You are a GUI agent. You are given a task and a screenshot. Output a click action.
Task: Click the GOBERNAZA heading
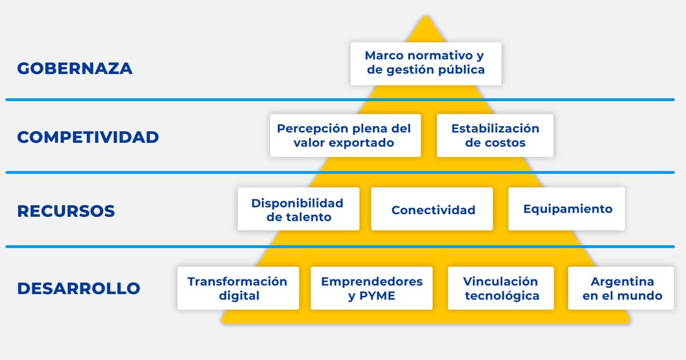pyautogui.click(x=75, y=68)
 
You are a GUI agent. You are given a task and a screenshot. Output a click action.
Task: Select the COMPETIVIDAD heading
pyautogui.click(x=88, y=137)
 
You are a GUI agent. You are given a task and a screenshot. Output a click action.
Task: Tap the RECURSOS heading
pyautogui.click(x=66, y=211)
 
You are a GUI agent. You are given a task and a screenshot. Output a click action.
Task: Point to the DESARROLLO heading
pyautogui.click(x=79, y=288)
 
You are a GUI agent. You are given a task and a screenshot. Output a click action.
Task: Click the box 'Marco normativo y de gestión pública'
pyautogui.click(x=426, y=63)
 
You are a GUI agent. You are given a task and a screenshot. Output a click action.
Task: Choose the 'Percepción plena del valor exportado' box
pyautogui.click(x=345, y=135)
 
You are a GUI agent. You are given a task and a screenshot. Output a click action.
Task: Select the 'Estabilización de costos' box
pyautogui.click(x=495, y=135)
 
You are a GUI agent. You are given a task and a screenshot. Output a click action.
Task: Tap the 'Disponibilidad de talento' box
pyautogui.click(x=298, y=209)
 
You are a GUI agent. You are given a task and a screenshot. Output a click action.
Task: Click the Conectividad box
pyautogui.click(x=432, y=209)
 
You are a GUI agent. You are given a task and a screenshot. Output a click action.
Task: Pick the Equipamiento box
pyautogui.click(x=567, y=209)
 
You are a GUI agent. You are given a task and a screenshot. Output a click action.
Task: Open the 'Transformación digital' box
pyautogui.click(x=238, y=288)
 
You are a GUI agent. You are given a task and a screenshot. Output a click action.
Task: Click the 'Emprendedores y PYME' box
pyautogui.click(x=372, y=288)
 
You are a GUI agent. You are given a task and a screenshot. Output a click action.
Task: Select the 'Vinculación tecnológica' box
pyautogui.click(x=501, y=288)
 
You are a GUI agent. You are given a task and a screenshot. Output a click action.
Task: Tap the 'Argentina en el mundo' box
pyautogui.click(x=621, y=288)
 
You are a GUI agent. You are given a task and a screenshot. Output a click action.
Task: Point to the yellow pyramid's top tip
pyautogui.click(x=426, y=16)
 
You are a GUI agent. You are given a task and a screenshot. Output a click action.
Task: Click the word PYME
pyautogui.click(x=377, y=296)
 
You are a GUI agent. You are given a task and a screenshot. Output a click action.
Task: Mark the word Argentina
pyautogui.click(x=623, y=281)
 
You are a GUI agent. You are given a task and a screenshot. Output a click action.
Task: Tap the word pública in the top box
pyautogui.click(x=461, y=70)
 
